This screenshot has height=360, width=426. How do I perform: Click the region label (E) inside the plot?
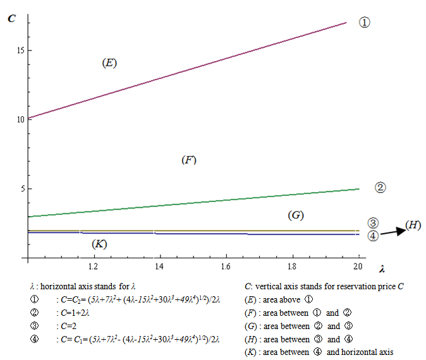[x=110, y=63]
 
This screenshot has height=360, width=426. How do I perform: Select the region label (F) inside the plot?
[x=189, y=160]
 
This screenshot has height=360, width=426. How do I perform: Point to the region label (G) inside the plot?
[x=296, y=215]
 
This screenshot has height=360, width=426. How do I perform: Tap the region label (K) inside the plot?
[x=99, y=244]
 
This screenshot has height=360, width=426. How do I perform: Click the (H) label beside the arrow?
[x=413, y=225]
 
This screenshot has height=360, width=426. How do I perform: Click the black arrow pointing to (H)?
[x=393, y=231]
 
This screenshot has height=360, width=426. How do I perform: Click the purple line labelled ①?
[x=190, y=70]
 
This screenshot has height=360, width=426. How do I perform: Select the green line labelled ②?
[x=190, y=203]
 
